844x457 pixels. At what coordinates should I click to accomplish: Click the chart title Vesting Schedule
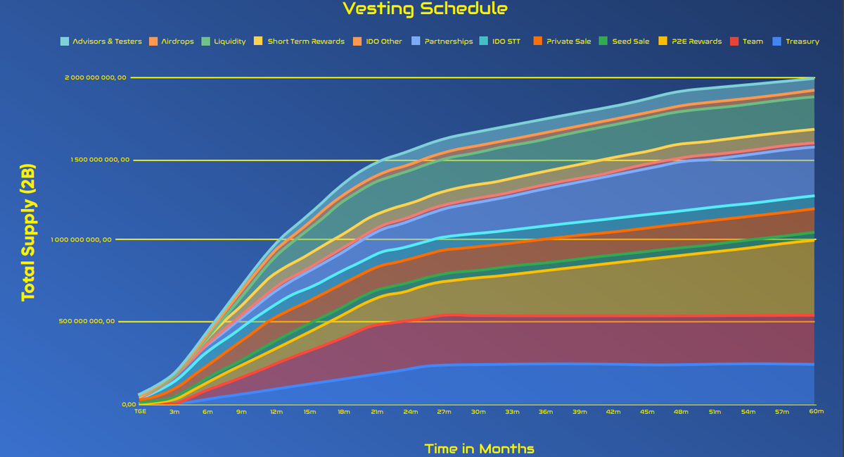click(425, 9)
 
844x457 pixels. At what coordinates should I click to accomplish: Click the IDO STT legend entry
click(504, 42)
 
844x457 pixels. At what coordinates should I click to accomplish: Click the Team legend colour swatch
click(735, 42)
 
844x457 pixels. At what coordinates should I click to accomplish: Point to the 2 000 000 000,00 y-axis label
click(96, 77)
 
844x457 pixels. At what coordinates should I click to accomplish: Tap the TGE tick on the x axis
click(141, 411)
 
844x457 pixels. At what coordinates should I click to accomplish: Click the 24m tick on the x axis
click(411, 411)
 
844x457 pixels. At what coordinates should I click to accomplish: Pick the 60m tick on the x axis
click(816, 411)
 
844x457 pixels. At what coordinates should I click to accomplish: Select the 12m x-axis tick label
click(276, 411)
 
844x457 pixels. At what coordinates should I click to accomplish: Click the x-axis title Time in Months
click(479, 449)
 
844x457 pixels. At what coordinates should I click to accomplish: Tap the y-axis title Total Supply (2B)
click(28, 233)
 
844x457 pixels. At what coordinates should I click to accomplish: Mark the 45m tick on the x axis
click(647, 411)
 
